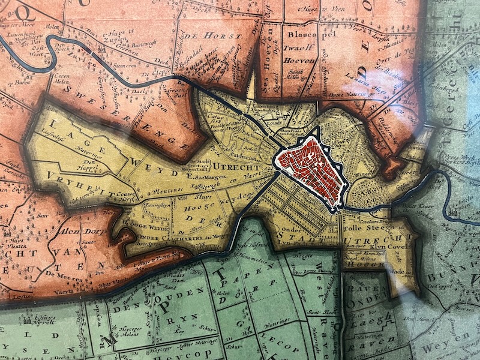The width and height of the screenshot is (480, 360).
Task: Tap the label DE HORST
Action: point(217,36)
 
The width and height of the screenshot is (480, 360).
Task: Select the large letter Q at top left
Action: point(25,11)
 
